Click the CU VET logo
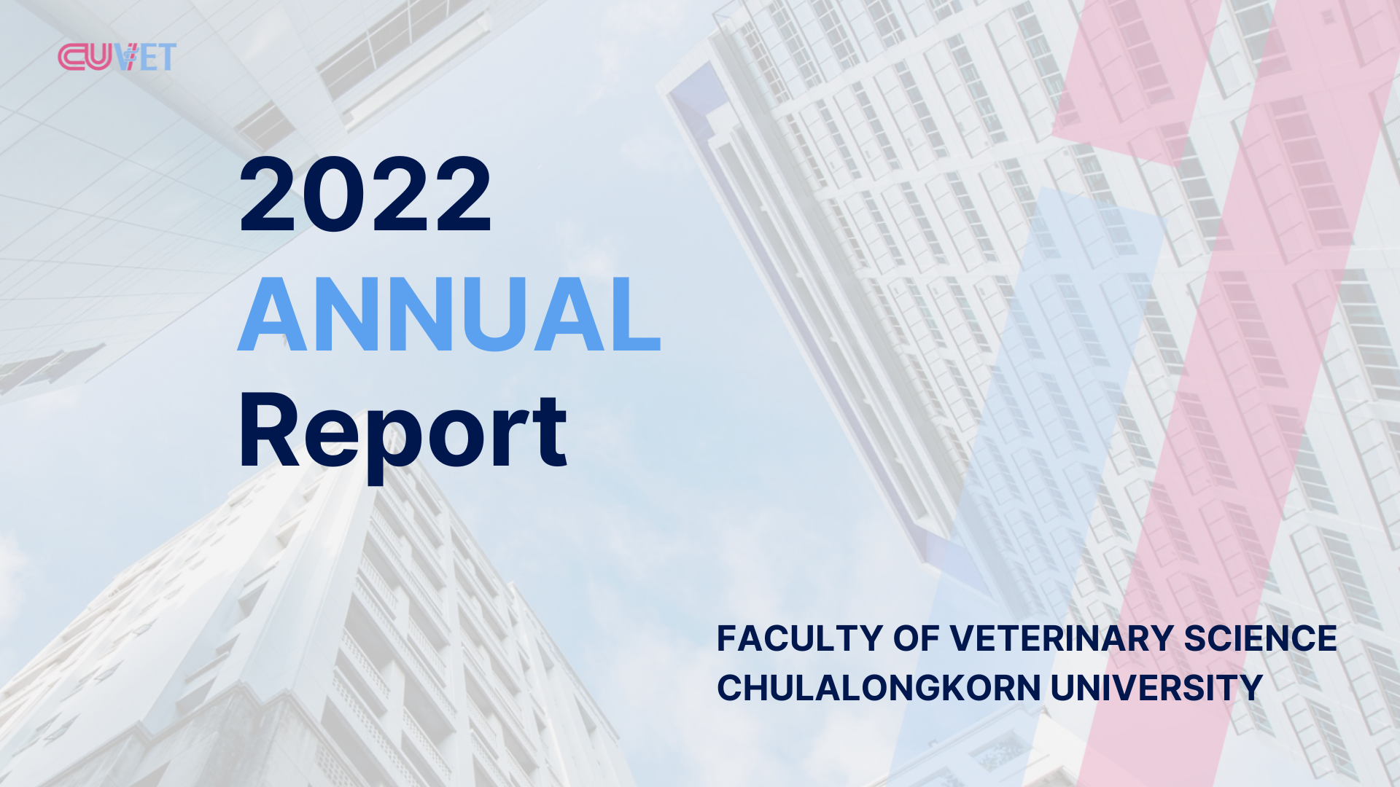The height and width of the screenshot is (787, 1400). [117, 57]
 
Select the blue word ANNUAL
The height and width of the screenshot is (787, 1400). [449, 315]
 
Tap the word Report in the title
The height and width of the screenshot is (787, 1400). [402, 434]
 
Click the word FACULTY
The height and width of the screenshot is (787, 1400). [800, 638]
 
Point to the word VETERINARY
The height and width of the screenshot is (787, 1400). [1061, 638]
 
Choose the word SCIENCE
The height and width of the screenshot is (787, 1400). [1260, 638]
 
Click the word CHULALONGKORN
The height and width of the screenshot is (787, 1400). [879, 688]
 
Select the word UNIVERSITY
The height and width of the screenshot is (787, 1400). [1156, 688]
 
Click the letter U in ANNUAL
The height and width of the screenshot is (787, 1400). [497, 316]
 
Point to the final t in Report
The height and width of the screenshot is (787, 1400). [548, 434]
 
